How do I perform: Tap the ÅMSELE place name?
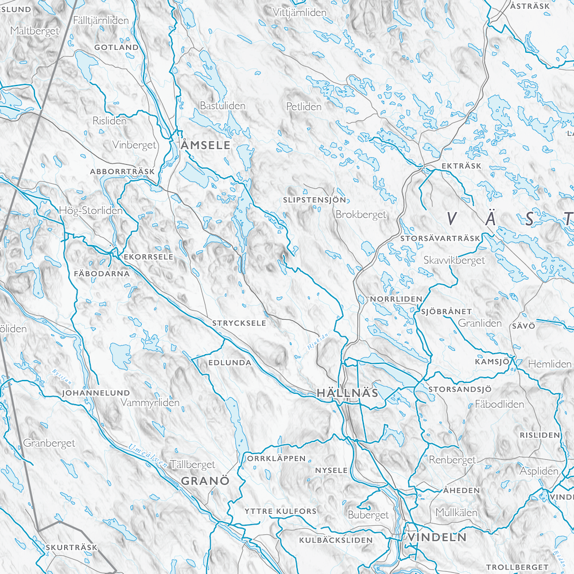tap(205, 146)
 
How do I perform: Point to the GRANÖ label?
tap(205, 480)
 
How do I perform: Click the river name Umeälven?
tap(148, 456)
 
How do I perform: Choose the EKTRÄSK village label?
tap(462, 166)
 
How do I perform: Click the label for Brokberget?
tap(361, 215)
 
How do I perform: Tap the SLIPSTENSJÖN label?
tap(315, 200)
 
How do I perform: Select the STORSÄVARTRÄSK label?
tap(440, 238)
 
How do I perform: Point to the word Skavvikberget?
tap(454, 260)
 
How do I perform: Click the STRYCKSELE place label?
tap(239, 323)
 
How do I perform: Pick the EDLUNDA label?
tap(230, 363)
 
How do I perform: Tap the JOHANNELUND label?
tap(96, 393)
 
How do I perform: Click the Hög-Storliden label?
tap(91, 211)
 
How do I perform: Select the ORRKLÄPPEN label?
tap(277, 459)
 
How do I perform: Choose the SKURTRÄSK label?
tap(72, 548)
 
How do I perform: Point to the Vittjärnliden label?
tap(300, 12)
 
